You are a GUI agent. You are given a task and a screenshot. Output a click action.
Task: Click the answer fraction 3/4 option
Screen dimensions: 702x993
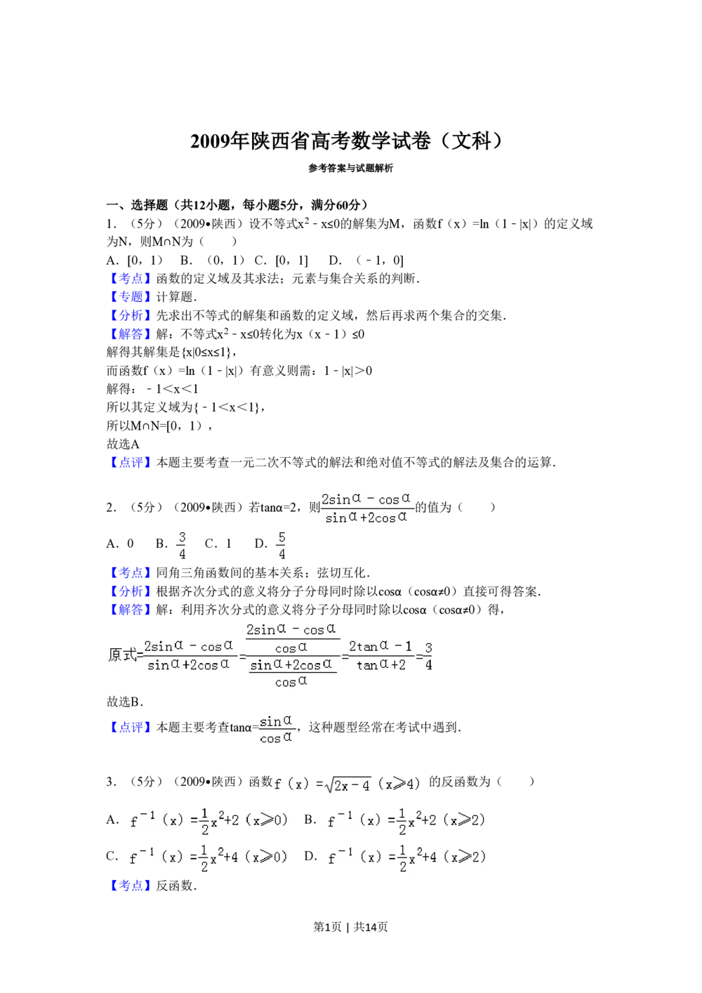(x=180, y=546)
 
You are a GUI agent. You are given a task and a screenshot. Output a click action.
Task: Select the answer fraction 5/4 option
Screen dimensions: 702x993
(x=281, y=546)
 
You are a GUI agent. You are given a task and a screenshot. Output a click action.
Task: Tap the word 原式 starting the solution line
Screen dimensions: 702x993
(x=124, y=655)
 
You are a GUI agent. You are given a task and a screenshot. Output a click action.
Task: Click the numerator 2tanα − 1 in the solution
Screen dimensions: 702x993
(x=380, y=646)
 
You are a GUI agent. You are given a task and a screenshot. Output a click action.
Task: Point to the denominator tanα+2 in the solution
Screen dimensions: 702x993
(x=380, y=665)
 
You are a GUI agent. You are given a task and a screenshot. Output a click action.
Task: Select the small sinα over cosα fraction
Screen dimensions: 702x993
(x=277, y=728)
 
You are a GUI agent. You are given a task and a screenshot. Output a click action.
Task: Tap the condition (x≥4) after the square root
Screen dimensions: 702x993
(x=399, y=784)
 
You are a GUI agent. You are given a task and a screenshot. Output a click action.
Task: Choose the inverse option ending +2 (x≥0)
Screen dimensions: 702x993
(x=209, y=820)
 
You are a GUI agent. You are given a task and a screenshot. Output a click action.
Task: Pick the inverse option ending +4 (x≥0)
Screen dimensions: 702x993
(x=209, y=857)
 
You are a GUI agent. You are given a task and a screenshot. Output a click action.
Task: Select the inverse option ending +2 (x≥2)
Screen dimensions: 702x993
(x=407, y=820)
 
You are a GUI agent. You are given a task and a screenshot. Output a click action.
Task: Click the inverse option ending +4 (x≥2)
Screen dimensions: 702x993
(x=407, y=857)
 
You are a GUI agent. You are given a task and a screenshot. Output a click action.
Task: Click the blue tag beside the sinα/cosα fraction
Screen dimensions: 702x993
(x=130, y=728)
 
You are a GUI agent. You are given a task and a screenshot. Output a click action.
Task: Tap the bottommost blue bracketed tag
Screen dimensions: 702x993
(x=130, y=885)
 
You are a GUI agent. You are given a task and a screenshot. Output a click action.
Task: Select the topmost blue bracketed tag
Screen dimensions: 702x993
(x=130, y=278)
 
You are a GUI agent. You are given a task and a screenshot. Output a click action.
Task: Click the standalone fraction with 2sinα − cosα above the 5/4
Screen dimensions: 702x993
(x=367, y=508)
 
